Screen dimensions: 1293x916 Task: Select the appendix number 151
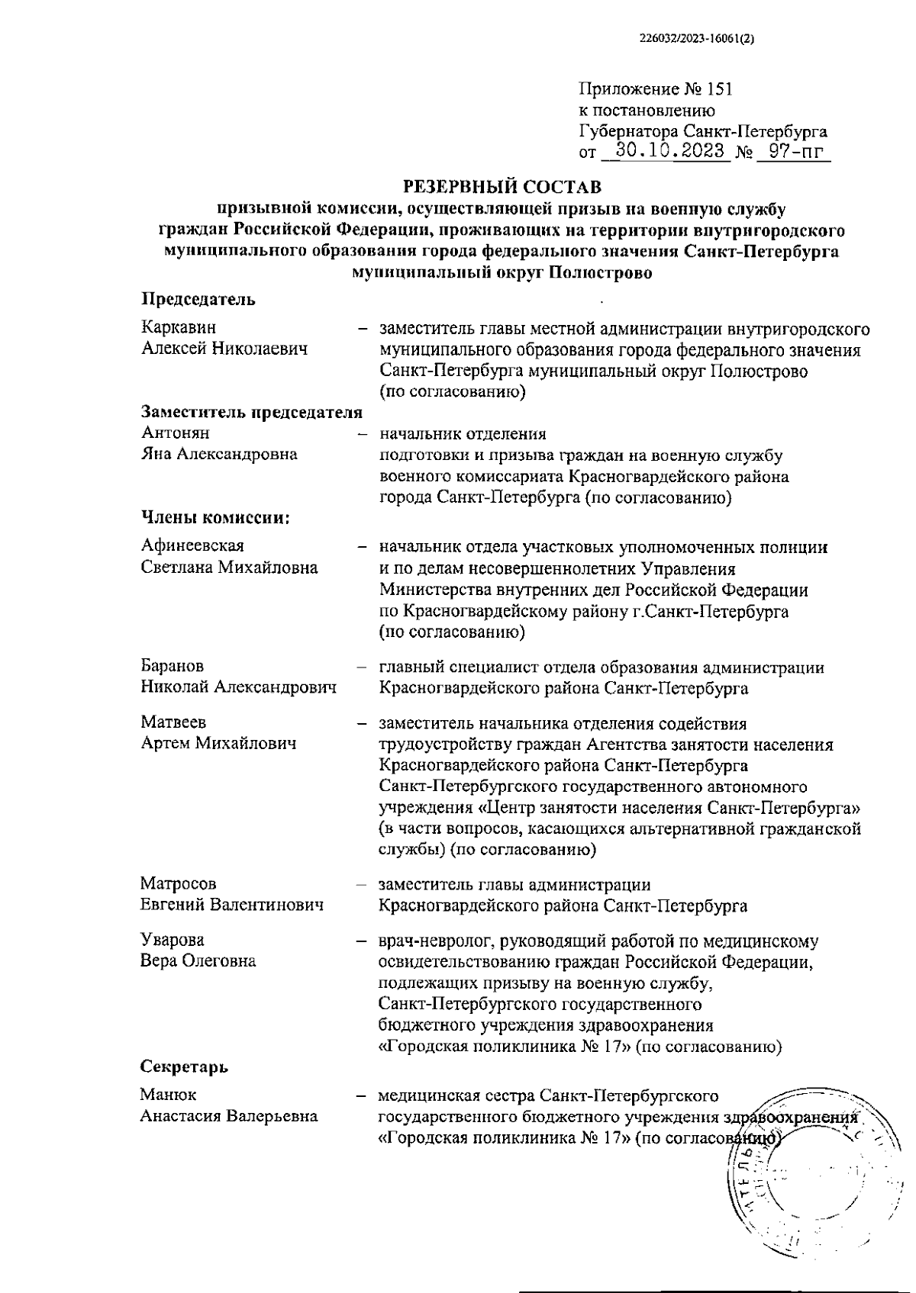719,88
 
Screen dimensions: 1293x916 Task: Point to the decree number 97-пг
794,151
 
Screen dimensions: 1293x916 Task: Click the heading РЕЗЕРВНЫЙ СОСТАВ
502,186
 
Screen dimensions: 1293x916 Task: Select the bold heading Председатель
198,300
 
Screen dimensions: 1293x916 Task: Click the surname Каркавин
179,327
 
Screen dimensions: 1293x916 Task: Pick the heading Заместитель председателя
252,413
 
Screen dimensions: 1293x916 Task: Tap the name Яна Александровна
219,455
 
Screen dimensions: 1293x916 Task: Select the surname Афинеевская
192,546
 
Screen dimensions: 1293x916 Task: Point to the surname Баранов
173,667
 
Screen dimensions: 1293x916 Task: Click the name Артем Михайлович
219,743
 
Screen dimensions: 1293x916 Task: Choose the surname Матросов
179,883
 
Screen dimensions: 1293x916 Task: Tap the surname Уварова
173,940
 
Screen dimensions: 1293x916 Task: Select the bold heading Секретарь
184,1066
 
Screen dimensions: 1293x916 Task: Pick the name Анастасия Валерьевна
229,1116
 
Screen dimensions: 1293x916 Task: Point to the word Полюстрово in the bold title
600,272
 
